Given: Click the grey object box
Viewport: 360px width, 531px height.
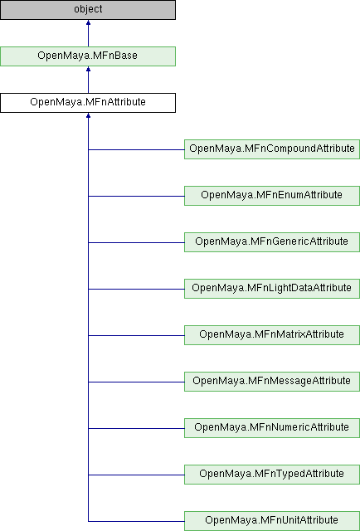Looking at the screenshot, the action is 88,9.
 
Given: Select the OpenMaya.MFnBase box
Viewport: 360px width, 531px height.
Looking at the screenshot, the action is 88,56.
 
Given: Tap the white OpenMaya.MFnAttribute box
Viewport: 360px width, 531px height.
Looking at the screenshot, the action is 88,103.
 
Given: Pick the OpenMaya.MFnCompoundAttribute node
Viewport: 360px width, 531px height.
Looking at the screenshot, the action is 272,149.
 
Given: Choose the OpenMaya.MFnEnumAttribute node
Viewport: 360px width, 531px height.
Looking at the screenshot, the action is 272,196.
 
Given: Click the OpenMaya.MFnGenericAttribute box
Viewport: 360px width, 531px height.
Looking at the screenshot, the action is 272,241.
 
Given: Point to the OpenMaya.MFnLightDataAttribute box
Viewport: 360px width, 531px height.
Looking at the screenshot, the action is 272,289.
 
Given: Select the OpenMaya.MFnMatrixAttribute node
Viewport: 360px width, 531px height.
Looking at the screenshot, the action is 272,335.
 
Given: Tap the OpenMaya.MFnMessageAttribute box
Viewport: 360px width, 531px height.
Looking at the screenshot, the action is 272,382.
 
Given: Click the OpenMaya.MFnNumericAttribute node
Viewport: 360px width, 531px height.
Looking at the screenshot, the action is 272,428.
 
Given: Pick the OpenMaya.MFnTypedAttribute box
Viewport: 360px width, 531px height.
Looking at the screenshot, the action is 272,474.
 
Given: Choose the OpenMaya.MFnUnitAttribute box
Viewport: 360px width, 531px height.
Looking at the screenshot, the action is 272,520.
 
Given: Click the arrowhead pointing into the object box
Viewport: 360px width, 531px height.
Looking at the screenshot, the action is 88,22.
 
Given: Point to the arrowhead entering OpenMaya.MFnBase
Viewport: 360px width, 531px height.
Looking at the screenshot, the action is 88,69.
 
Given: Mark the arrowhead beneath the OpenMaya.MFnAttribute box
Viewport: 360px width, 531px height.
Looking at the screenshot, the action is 88,115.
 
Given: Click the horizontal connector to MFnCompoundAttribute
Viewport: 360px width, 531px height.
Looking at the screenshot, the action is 136,149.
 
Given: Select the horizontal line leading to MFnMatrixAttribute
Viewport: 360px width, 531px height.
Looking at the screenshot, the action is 136,335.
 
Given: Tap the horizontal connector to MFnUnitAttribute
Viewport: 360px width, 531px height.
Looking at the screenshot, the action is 136,521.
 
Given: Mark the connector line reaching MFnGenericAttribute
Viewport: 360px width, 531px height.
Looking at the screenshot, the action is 136,242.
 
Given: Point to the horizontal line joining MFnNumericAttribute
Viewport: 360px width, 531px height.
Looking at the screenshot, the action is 136,428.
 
